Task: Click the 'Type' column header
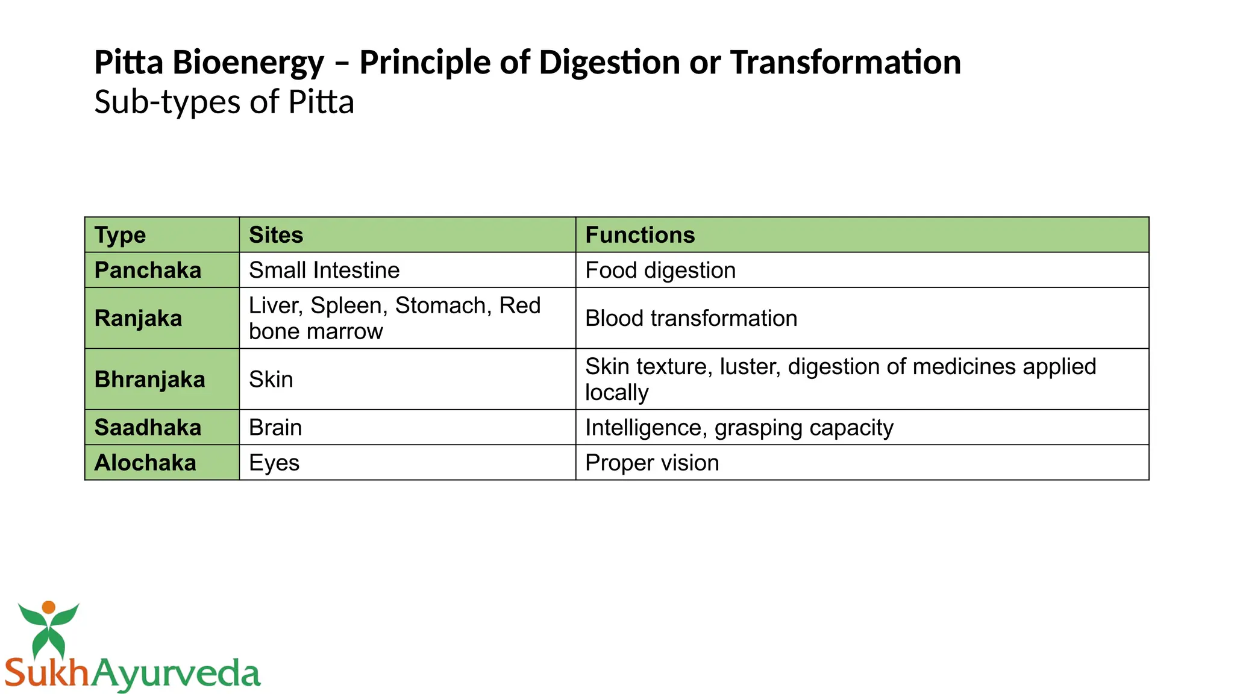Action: [x=120, y=235]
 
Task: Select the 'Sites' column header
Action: [x=276, y=235]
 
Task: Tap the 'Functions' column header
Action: [x=640, y=235]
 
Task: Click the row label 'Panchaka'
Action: [x=148, y=270]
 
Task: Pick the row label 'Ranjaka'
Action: [x=138, y=318]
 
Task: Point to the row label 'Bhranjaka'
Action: [x=149, y=380]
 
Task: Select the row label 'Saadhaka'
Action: [x=148, y=428]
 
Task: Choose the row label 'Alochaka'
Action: [x=145, y=463]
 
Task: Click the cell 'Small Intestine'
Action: [x=324, y=270]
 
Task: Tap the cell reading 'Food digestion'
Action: [x=660, y=270]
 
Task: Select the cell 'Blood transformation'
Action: [x=691, y=318]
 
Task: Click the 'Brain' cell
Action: [x=275, y=428]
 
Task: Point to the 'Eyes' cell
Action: [x=274, y=463]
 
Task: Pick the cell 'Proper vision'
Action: [x=652, y=463]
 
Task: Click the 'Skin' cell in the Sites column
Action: [x=271, y=380]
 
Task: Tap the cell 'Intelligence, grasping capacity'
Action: [x=739, y=428]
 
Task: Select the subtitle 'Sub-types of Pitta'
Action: [x=224, y=102]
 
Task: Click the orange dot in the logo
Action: [x=49, y=607]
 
